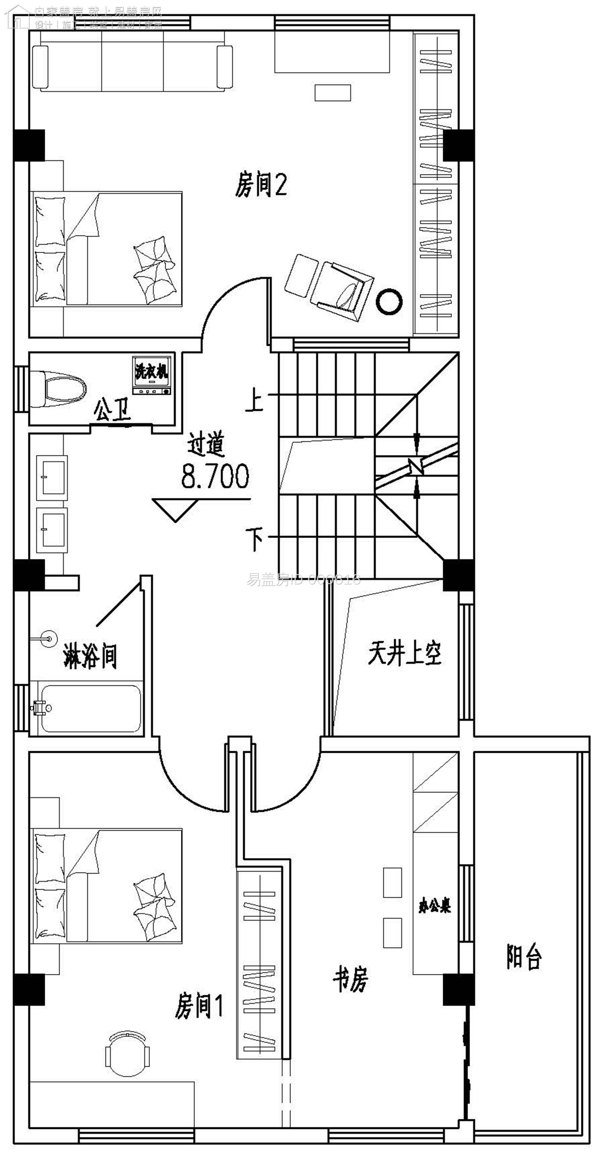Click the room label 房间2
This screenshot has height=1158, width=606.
(x=261, y=185)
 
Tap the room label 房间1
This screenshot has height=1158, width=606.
(x=199, y=1005)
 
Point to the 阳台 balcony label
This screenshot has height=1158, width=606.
(x=524, y=956)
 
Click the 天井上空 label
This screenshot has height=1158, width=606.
(x=404, y=653)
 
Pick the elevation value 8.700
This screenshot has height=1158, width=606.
(x=215, y=477)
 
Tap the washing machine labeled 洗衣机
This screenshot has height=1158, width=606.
(x=151, y=376)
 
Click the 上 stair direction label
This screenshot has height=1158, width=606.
(x=254, y=400)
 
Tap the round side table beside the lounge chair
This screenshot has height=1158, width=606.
(x=389, y=302)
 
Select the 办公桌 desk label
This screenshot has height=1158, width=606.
(x=435, y=906)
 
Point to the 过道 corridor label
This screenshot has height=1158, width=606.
(x=205, y=444)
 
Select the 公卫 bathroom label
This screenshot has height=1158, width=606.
(x=112, y=410)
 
